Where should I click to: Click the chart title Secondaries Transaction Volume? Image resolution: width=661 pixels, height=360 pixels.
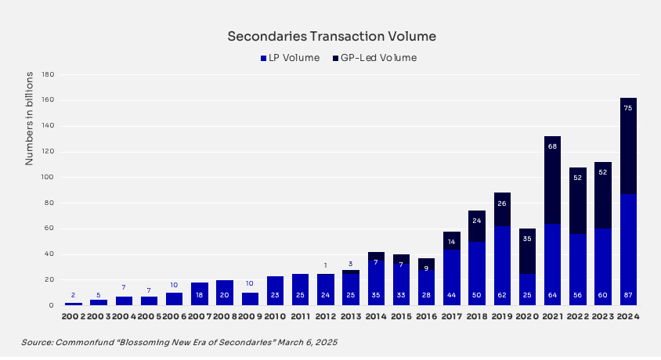[x=331, y=37]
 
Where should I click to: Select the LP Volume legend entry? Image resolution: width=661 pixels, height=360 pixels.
[x=289, y=58]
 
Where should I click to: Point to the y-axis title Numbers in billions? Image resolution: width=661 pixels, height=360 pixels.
[x=29, y=117]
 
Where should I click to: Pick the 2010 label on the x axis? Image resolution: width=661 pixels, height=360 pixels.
[x=274, y=318]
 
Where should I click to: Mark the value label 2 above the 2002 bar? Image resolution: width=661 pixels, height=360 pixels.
[x=74, y=296]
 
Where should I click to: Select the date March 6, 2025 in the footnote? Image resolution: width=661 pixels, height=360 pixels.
[x=305, y=343]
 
